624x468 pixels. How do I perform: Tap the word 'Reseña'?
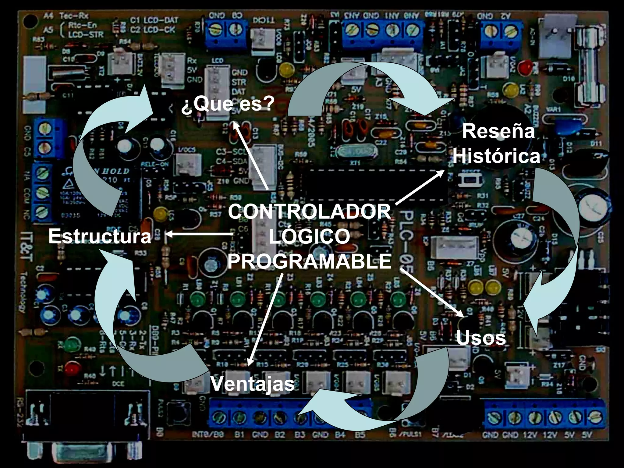[x=498, y=131]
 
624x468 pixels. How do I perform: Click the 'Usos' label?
[x=481, y=338]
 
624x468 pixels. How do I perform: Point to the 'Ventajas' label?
[x=252, y=384]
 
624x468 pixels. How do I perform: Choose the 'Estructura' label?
[x=100, y=236]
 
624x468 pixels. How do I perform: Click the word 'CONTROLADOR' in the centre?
[x=309, y=211]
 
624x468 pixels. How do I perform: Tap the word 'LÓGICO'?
[x=309, y=236]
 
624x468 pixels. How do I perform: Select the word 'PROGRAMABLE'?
[x=309, y=261]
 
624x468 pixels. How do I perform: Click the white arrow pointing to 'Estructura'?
[x=200, y=234]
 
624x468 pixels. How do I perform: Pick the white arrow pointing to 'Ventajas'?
[x=265, y=320]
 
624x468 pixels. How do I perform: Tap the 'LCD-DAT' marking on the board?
[x=160, y=20]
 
